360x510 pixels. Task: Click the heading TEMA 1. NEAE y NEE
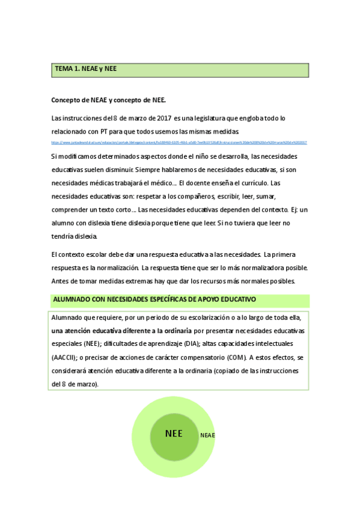tap(86, 70)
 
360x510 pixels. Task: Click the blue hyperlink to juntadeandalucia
tap(179, 143)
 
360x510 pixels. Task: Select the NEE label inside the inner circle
tap(174, 432)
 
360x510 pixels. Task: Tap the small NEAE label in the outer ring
tap(207, 435)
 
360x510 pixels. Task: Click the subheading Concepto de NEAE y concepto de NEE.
tap(108, 99)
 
